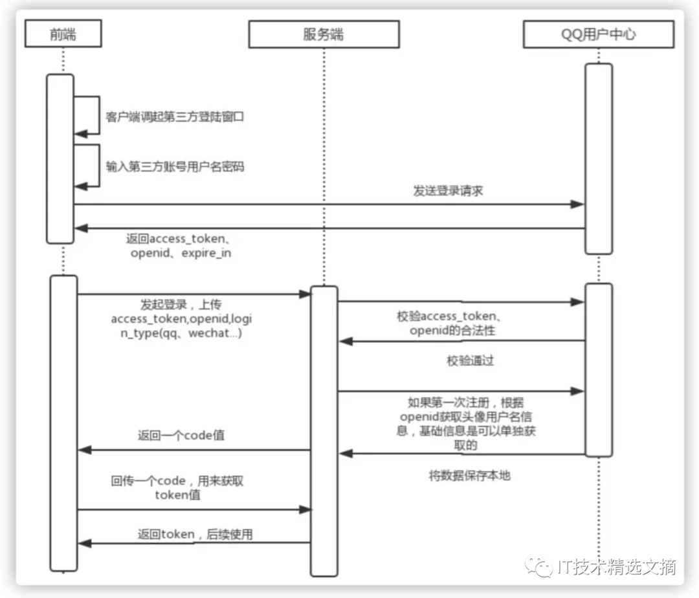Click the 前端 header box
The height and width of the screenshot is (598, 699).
click(63, 34)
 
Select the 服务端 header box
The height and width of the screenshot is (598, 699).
click(324, 34)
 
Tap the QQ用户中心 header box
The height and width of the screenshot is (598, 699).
click(598, 34)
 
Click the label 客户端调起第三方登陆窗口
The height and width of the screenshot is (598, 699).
click(175, 118)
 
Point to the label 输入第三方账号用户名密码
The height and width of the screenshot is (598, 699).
click(175, 166)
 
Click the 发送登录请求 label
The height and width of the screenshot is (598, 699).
click(448, 191)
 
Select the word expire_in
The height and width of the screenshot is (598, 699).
click(206, 253)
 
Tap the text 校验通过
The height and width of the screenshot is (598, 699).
click(470, 361)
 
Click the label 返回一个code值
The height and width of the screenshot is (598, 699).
click(181, 436)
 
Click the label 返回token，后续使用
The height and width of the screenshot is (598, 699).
click(195, 534)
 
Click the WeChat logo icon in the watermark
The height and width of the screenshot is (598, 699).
click(538, 568)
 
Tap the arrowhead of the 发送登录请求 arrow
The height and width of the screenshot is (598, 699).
click(579, 205)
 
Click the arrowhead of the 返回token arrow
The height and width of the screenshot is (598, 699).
click(83, 543)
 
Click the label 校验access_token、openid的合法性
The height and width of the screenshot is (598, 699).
click(452, 324)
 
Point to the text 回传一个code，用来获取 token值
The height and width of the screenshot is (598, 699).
click(177, 488)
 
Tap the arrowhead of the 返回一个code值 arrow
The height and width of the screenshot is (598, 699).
click(83, 450)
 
